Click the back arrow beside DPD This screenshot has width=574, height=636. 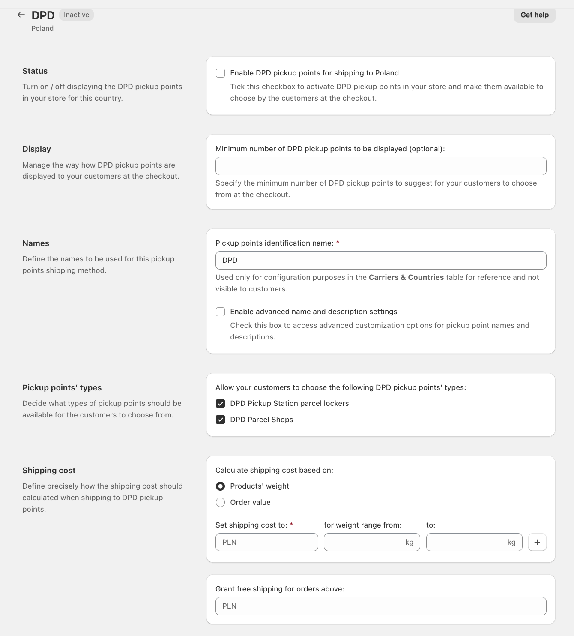pos(21,15)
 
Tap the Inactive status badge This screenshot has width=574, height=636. pos(76,15)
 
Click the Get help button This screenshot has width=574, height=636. pos(534,15)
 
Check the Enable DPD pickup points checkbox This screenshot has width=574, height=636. pos(221,73)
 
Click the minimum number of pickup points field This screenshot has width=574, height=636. pos(380,166)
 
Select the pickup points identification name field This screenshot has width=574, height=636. pos(380,261)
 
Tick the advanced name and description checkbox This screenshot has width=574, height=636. pos(221,312)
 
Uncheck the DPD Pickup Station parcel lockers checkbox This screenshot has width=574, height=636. pos(221,404)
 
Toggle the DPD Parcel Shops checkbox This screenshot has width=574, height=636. pos(221,420)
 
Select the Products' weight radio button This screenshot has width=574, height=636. pos(221,486)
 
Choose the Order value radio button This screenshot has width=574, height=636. pos(221,503)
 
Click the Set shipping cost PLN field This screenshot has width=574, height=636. pos(266,543)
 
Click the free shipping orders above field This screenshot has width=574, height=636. pos(380,606)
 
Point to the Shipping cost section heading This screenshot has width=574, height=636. pos(49,471)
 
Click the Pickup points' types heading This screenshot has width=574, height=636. pos(62,388)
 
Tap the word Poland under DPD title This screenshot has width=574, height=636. pos(42,29)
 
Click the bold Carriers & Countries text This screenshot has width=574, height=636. pos(406,278)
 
